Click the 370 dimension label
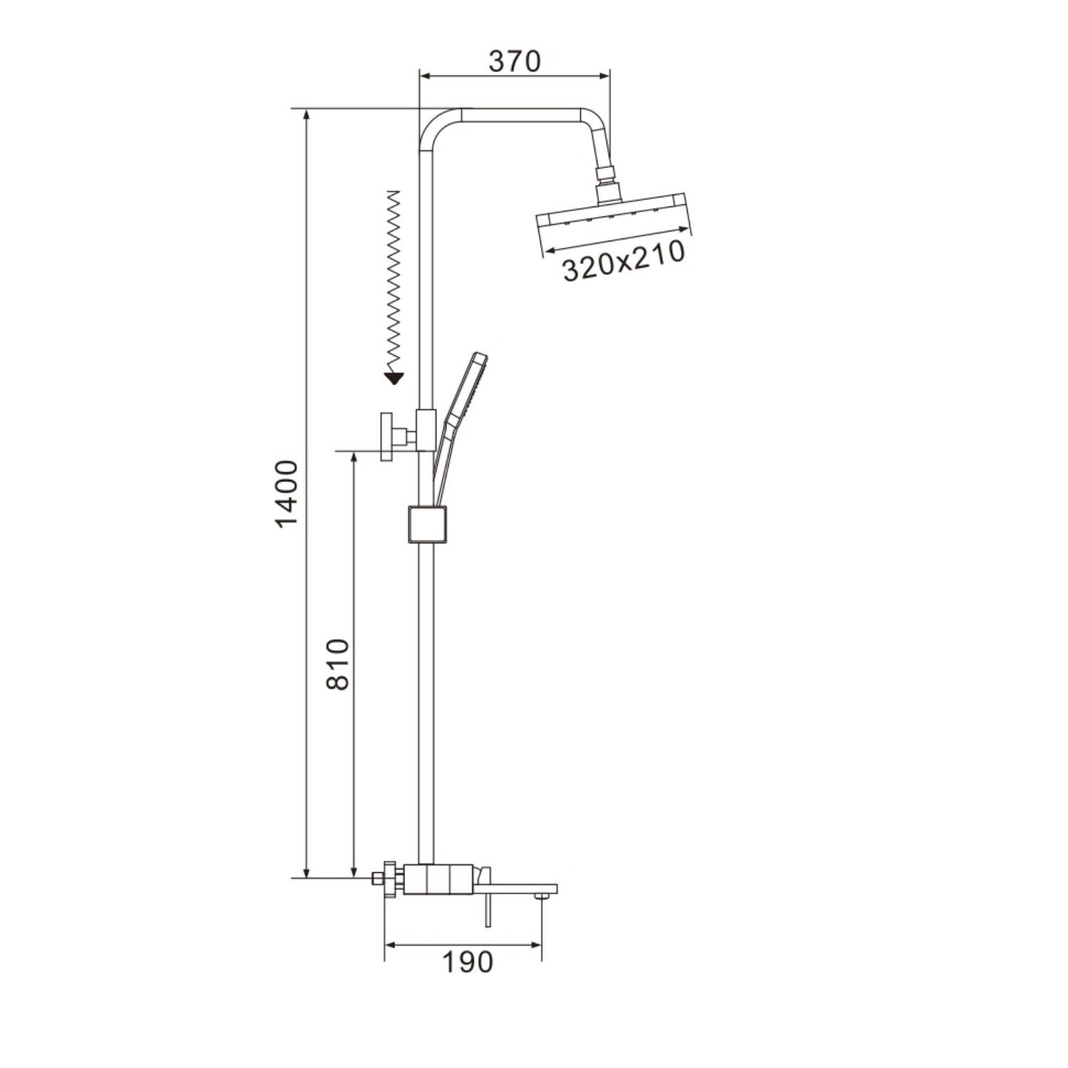tap(515, 61)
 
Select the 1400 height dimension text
tap(286, 494)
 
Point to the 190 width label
tap(467, 963)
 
